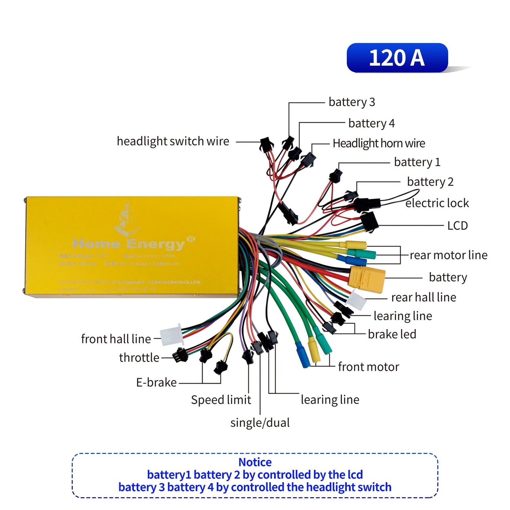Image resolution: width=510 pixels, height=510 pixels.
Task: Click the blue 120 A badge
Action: pos(397,58)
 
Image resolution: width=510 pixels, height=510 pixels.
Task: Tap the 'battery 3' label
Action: pos(352,102)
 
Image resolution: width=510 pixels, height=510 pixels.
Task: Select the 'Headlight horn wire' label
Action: pos(379,143)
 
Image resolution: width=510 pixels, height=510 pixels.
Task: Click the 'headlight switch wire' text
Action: pos(173,141)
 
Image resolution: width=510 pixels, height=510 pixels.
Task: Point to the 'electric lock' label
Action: pos(437,203)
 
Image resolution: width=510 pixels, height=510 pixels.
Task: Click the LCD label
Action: pos(457,225)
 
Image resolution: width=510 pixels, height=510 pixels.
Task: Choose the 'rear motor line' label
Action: pos(448,255)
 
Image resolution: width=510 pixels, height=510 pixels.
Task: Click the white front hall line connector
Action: pos(171,335)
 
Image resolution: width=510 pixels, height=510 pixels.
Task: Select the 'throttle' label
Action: pos(139,358)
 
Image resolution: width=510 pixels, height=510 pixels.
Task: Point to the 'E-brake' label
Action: pos(156,382)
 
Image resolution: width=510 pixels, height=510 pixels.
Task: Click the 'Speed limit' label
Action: pos(221,400)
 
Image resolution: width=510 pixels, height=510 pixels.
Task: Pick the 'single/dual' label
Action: pos(260,423)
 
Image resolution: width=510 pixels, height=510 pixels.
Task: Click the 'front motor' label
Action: pos(369,367)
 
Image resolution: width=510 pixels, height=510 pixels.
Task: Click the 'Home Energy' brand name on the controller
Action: pos(129,244)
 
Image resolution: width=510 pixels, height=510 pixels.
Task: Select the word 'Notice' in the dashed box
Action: pos(255,462)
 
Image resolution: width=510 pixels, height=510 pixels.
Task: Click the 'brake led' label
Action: pos(392,334)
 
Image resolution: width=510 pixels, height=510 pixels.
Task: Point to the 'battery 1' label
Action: pos(417,162)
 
